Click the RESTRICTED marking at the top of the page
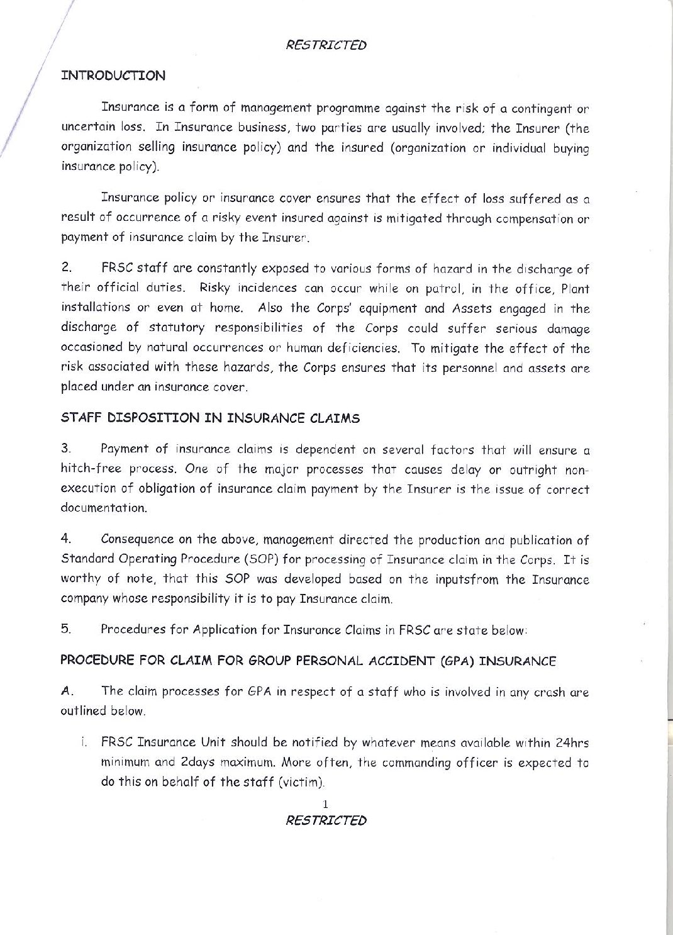(x=326, y=45)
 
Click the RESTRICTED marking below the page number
(x=326, y=820)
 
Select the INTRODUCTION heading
(x=113, y=76)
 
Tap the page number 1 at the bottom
(x=325, y=803)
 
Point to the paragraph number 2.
(x=65, y=269)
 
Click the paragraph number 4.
(x=65, y=539)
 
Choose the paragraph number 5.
(x=65, y=629)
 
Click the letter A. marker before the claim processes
(x=67, y=691)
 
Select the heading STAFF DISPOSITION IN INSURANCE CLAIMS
(x=210, y=418)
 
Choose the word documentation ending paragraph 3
(x=104, y=508)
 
